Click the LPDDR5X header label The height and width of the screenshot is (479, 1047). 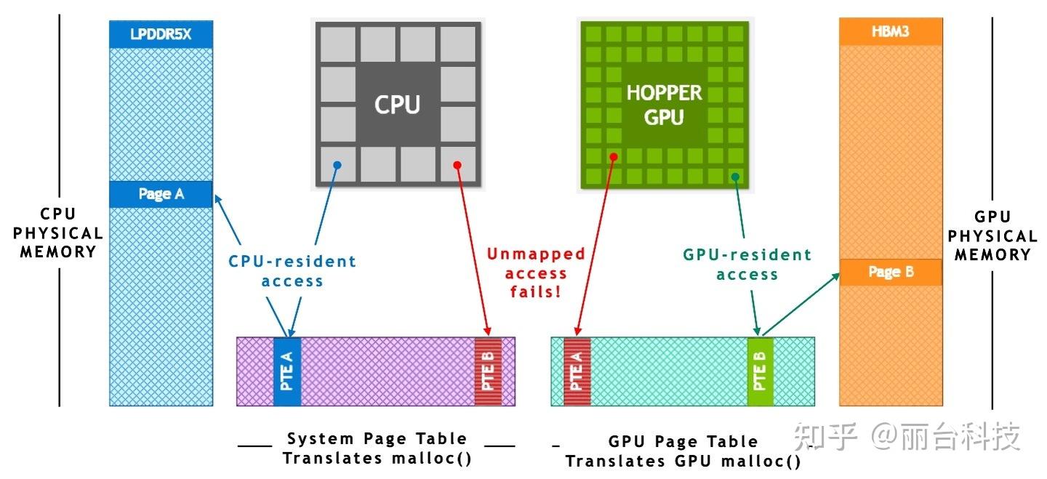tap(161, 33)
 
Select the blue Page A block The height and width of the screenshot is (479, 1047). tap(161, 194)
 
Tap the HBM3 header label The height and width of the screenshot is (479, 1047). tap(890, 31)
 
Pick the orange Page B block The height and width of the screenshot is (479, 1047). tap(890, 272)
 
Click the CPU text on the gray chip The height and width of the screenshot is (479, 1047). tap(397, 104)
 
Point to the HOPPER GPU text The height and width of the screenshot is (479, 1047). tap(664, 104)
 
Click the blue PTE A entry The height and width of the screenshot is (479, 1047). tap(286, 371)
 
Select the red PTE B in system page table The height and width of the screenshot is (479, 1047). tap(488, 371)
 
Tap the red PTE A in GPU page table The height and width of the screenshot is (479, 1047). tap(577, 371)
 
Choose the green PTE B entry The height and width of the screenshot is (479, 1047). tap(760, 371)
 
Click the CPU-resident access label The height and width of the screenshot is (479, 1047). tap(292, 270)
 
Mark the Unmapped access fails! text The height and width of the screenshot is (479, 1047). tap(536, 273)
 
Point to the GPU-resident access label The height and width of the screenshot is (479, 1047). tap(747, 265)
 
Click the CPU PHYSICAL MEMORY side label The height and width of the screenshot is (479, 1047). tap(57, 233)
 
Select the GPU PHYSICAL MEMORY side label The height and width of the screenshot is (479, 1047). tap(992, 236)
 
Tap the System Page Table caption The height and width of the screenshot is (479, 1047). tap(377, 438)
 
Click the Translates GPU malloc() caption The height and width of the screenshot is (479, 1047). tap(683, 462)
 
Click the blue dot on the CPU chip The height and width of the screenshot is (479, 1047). tap(337, 165)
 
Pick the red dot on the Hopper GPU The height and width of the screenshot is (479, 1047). tap(614, 156)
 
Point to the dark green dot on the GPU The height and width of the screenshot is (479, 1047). tap(735, 176)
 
